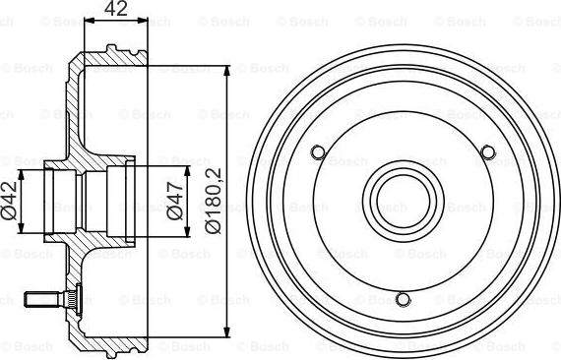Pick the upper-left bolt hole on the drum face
317,151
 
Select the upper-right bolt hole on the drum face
485,151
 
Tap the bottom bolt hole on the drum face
401,298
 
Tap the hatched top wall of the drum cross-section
108,59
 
